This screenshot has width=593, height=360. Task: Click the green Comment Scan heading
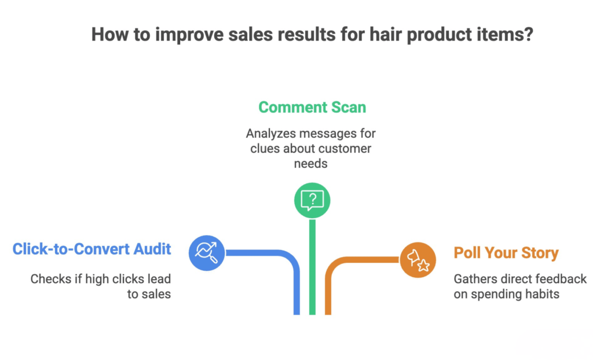pos(312,107)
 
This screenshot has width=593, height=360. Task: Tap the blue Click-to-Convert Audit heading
pos(92,249)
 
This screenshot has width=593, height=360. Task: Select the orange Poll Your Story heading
pos(506,253)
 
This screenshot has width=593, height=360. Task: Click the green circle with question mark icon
pos(312,200)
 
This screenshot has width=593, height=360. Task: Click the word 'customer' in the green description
pos(342,149)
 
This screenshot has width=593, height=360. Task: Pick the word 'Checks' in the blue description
pos(49,279)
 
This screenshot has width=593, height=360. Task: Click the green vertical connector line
pos(312,266)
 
